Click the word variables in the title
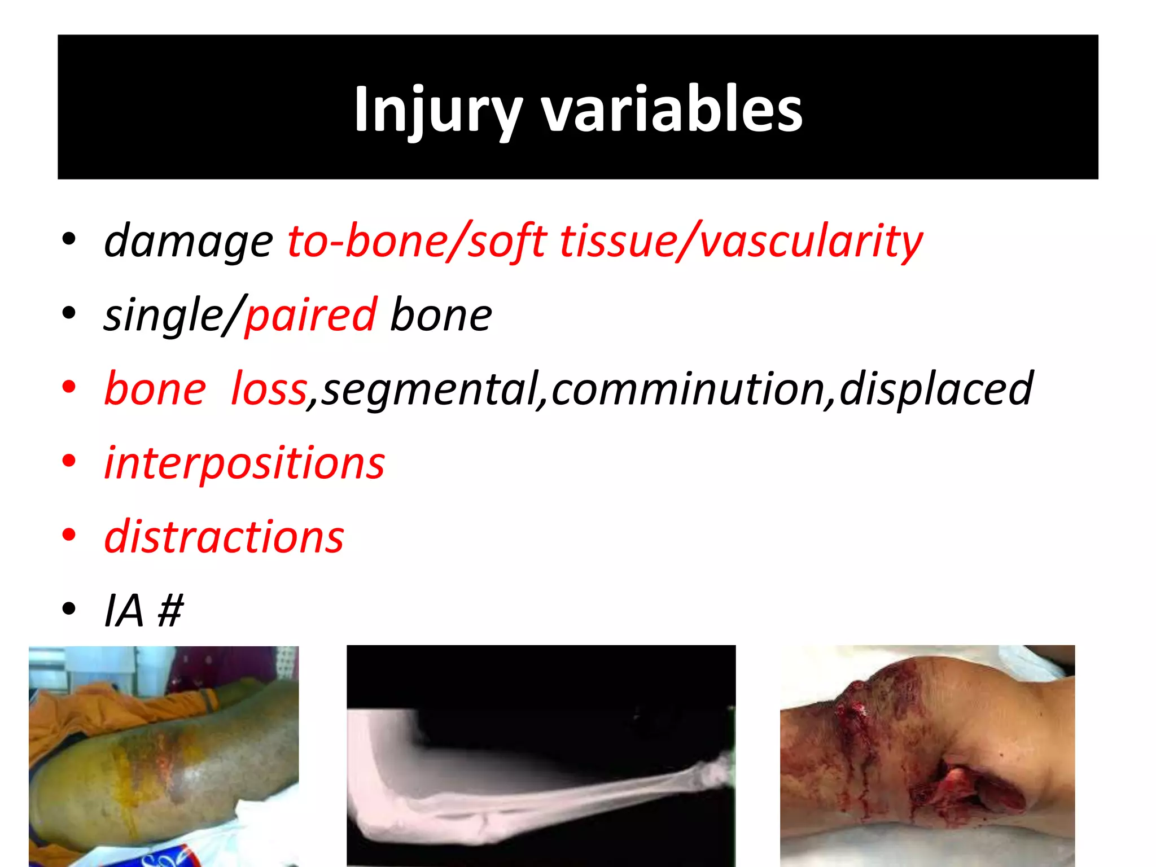672,110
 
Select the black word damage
189,242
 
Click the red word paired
310,315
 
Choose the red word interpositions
244,463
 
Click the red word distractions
224,537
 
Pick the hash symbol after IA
170,611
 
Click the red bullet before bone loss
69,388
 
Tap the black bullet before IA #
69,610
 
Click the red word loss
269,389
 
